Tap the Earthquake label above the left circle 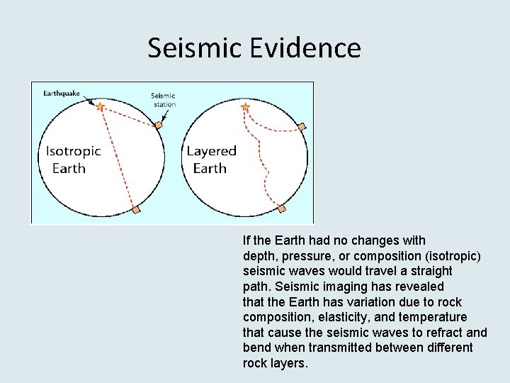point(62,93)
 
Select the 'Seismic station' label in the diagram point(164,100)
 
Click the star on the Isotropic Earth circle point(101,106)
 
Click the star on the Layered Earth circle point(246,108)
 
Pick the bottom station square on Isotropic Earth point(136,210)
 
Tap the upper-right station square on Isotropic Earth point(159,126)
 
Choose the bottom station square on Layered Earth point(281,209)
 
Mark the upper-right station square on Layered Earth point(302,127)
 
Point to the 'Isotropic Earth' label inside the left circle point(73,160)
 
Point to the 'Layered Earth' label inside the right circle point(211,160)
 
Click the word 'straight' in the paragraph point(431,271)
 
